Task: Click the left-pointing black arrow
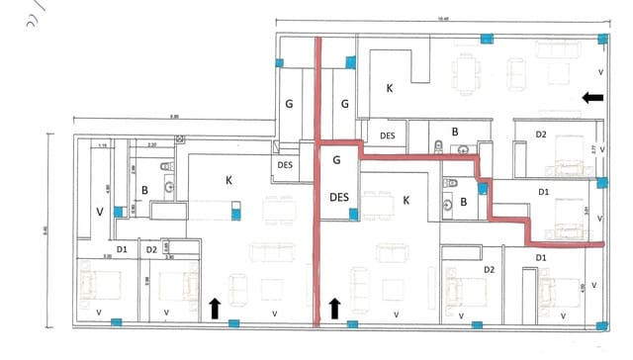click(592, 97)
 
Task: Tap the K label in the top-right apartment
click(389, 88)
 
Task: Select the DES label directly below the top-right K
click(388, 135)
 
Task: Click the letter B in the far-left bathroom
click(144, 189)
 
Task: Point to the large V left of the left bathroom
click(98, 211)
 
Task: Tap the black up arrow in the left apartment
click(215, 308)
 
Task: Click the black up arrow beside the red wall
click(334, 308)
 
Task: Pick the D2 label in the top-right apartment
click(541, 134)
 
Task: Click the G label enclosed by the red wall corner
click(336, 158)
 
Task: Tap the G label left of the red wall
click(290, 103)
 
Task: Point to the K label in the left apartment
click(228, 180)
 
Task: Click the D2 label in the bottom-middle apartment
click(489, 268)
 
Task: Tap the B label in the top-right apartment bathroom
click(455, 131)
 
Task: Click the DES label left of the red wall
click(285, 165)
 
